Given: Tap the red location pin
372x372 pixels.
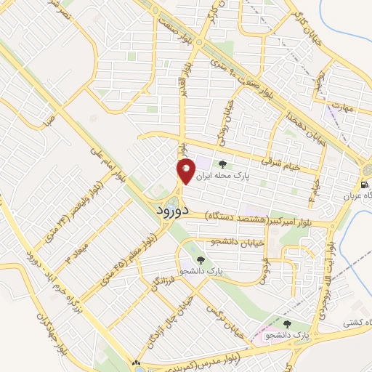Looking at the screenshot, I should coord(185,171).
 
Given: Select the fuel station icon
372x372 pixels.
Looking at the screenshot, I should coord(364,184).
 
